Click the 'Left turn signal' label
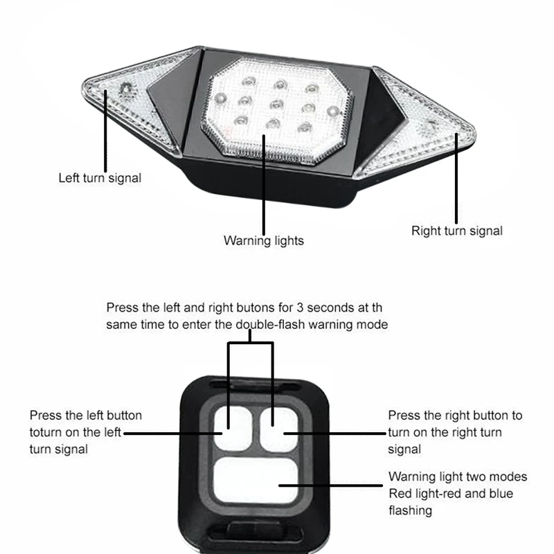pos(100,178)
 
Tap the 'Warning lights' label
pos(263,241)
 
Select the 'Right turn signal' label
pos(457,231)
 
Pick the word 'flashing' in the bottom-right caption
pos(410,510)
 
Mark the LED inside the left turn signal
pos(125,90)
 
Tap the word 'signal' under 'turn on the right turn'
pos(405,449)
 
